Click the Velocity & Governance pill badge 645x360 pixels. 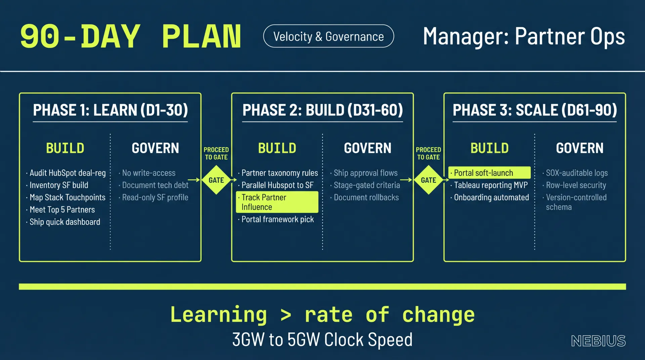pos(329,36)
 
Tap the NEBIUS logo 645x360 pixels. pos(598,341)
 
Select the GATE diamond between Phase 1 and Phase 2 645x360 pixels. pos(216,180)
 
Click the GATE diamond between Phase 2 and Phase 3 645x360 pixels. pos(429,180)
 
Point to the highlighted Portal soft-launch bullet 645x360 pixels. pos(489,173)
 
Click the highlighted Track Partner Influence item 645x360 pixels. pos(277,202)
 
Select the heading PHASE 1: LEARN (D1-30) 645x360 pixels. pos(111,110)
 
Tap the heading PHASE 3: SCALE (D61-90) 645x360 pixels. pos(535,110)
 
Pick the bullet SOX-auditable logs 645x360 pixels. pos(575,173)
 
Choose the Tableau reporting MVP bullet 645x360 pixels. pos(489,185)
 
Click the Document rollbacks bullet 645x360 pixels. pos(364,197)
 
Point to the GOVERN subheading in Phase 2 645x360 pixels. pos(368,148)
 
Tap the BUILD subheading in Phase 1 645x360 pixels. pos(65,148)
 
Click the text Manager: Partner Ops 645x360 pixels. pos(524,36)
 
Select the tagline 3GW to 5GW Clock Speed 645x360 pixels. pos(322,340)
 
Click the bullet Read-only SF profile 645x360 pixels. pos(154,197)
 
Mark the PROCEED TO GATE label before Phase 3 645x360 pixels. pos(428,153)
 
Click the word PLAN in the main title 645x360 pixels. pos(202,36)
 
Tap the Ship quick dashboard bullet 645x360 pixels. pos(63,222)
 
